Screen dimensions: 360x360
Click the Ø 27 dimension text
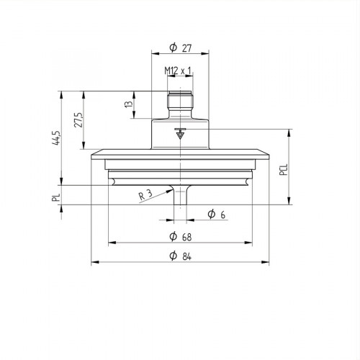click(x=180, y=48)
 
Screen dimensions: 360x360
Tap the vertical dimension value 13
click(x=129, y=104)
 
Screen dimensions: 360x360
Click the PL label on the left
click(x=56, y=197)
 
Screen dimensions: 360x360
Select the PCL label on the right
click(x=284, y=170)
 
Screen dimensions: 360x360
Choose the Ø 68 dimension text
click(x=180, y=236)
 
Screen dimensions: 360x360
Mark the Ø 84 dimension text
click(x=180, y=256)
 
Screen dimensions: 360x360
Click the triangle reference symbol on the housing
click(x=180, y=134)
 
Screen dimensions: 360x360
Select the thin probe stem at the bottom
click(x=180, y=205)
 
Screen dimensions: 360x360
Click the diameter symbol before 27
click(x=173, y=48)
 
